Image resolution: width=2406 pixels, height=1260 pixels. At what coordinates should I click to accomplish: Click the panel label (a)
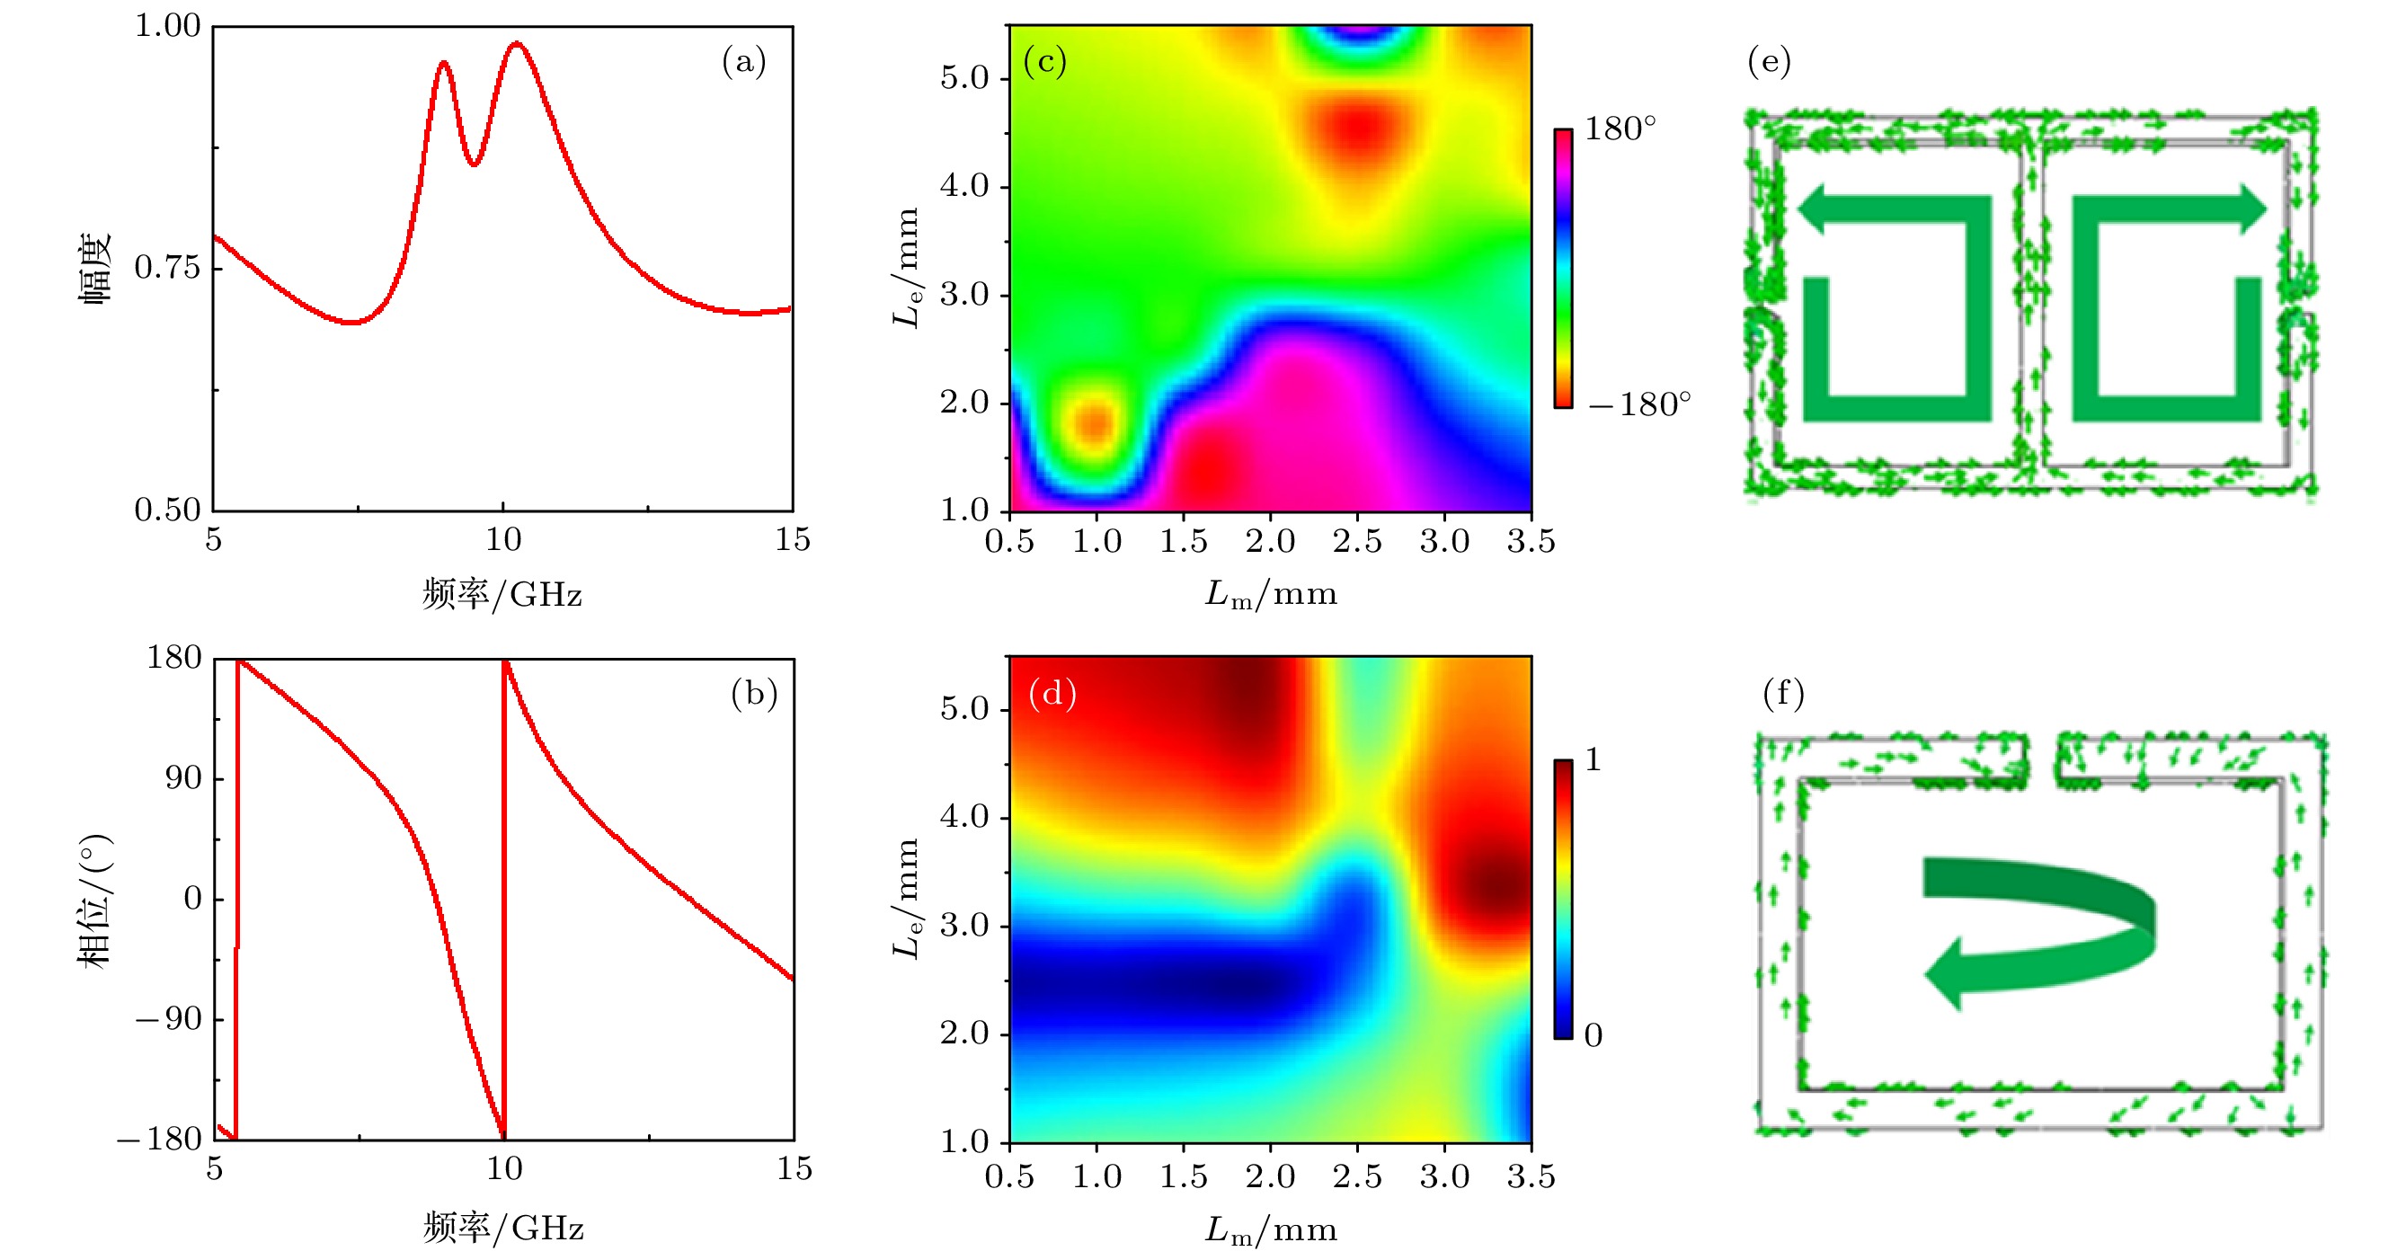tap(743, 62)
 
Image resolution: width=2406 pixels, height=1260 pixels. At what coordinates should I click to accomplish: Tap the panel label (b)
tap(754, 694)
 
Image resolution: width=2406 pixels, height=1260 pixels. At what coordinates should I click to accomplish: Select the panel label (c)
tap(1044, 62)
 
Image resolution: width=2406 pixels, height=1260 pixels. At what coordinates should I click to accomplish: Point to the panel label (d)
tap(1052, 694)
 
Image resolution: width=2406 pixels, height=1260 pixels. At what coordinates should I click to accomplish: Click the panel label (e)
tap(1768, 62)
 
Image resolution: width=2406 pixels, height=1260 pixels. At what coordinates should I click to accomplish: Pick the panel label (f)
tap(1783, 694)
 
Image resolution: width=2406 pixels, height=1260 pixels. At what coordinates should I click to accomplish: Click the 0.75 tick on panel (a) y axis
tap(167, 268)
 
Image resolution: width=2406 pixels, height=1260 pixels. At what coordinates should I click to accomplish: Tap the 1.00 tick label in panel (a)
tap(167, 25)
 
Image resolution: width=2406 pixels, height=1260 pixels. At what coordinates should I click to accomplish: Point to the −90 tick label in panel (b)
tap(168, 1019)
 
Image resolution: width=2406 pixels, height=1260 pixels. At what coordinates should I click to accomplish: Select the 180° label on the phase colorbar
tap(1620, 129)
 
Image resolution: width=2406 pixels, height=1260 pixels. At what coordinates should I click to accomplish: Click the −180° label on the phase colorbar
tap(1639, 404)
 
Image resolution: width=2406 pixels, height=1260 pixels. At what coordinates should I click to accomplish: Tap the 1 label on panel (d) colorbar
tap(1594, 760)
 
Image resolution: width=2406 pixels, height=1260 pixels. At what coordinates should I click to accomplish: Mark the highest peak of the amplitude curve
tap(517, 43)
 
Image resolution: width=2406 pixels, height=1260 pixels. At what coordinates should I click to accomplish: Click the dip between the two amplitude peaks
tap(475, 164)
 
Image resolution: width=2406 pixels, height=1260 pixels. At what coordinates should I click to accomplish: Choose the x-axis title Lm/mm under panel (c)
tap(1270, 594)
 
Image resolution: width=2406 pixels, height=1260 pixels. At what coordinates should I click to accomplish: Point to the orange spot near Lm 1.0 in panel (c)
tap(1095, 423)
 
